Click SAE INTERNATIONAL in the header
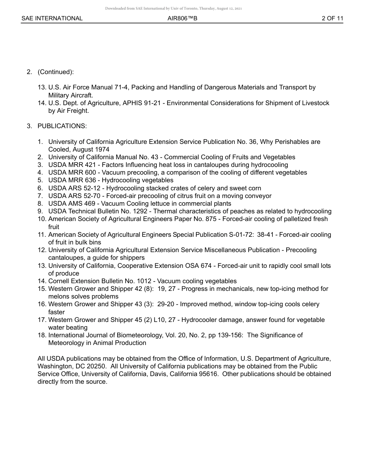tap(52, 18)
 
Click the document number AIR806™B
tap(182, 18)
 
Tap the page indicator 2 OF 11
tap(332, 18)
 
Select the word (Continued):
tap(56, 72)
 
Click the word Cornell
tap(59, 281)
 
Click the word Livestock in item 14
tap(316, 103)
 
